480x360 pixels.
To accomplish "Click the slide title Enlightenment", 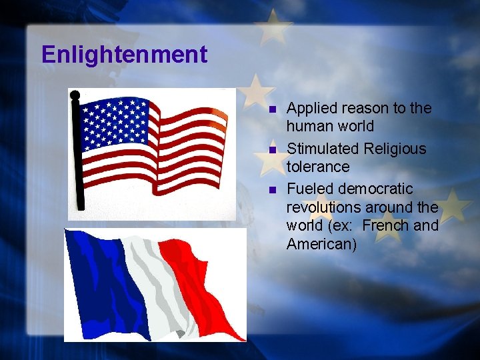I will pyautogui.click(x=124, y=55).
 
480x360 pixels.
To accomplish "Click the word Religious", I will pyautogui.click(x=395, y=149).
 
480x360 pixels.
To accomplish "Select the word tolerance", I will pyautogui.click(x=318, y=166).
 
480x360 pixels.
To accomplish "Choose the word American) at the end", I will pyautogui.click(x=321, y=244).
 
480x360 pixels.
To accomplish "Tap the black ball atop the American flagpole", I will pyautogui.click(x=75, y=95).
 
